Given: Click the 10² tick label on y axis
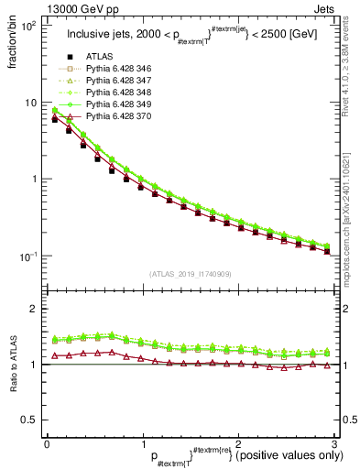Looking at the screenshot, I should coord(28,26).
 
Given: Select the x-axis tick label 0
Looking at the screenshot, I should coord(47,444).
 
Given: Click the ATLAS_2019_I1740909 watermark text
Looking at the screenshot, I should coord(190,274).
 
